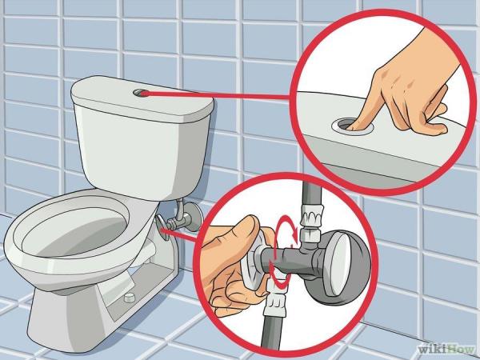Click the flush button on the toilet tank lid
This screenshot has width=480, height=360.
click(141, 93)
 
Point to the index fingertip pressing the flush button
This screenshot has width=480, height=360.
click(351, 126)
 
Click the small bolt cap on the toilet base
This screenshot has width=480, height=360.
click(130, 298)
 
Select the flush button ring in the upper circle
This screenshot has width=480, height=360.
click(353, 126)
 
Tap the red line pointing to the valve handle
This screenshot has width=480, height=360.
click(179, 234)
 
